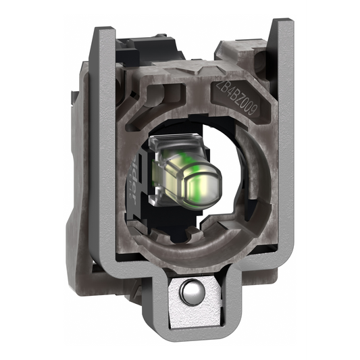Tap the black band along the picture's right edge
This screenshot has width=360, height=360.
pyautogui.click(x=334, y=180)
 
